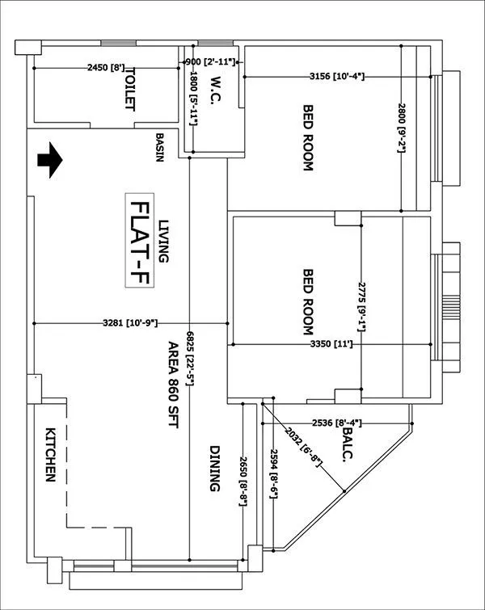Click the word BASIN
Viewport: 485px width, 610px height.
click(x=160, y=147)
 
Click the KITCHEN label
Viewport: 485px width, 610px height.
click(x=49, y=455)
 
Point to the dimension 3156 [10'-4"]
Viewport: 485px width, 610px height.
click(x=336, y=77)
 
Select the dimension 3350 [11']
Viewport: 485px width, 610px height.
click(x=332, y=344)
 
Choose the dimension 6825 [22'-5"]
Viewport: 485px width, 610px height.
click(x=189, y=356)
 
